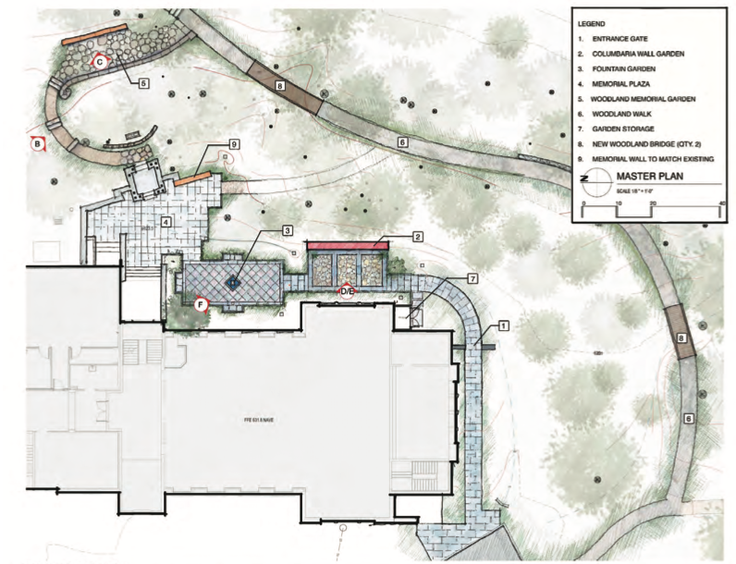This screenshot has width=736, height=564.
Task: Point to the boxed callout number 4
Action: (166, 221)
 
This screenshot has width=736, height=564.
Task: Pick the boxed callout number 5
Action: (144, 83)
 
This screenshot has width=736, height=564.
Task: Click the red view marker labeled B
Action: (37, 143)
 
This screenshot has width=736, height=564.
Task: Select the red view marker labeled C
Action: (99, 61)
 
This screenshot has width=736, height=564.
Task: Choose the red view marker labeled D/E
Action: (347, 291)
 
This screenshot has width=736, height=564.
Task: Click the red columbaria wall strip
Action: (347, 245)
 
